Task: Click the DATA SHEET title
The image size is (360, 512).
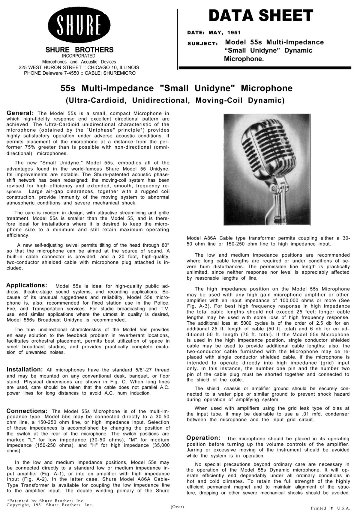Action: point(261,16)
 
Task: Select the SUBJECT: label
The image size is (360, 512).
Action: point(202,44)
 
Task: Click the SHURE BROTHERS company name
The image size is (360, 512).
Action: point(79,50)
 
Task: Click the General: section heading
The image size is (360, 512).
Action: point(20,113)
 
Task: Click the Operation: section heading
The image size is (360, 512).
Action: point(204,438)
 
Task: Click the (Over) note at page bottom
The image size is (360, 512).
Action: point(177,507)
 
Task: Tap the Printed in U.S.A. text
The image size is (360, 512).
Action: point(330,508)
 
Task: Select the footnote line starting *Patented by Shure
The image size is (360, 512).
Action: point(46,500)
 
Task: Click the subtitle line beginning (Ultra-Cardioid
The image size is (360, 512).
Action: point(175,100)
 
